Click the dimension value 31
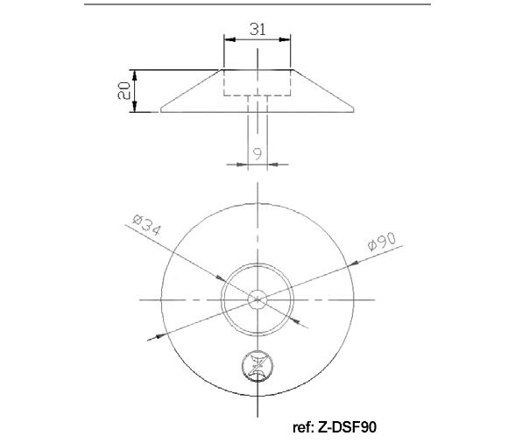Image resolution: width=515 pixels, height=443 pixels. (x=257, y=29)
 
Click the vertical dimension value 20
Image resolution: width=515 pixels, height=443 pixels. (x=123, y=91)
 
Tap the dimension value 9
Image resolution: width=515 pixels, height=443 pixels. (x=257, y=153)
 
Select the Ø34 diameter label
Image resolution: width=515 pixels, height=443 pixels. (x=147, y=225)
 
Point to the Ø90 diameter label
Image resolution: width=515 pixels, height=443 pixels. (x=382, y=242)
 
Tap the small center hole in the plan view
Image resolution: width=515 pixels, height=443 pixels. (x=257, y=299)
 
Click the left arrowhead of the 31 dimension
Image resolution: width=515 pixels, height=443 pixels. (x=229, y=39)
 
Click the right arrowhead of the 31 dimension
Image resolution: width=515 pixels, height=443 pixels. (x=285, y=39)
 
